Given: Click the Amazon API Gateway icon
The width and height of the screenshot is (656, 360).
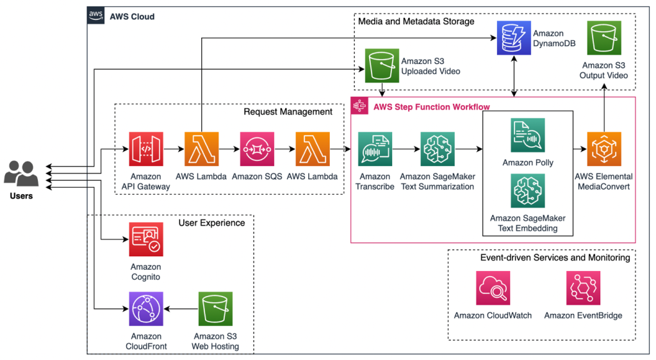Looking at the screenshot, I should tap(146, 149).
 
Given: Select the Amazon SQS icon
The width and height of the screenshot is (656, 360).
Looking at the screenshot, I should tap(257, 149).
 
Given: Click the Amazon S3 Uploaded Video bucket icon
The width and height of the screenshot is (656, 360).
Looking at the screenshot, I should tap(382, 66).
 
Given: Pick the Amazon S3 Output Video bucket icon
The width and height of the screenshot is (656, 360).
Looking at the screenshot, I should tap(604, 38).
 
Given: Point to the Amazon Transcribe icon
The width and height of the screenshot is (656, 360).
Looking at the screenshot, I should tap(375, 149).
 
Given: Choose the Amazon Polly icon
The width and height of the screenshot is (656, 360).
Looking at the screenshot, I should tap(527, 135).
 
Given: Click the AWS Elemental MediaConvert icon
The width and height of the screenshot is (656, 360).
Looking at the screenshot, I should tap(604, 149).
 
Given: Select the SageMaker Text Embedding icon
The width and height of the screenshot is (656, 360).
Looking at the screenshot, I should tap(527, 191).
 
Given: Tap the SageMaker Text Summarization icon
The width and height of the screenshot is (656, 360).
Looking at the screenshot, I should tap(438, 149).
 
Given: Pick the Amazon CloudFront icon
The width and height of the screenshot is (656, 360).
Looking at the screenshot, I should tap(146, 309).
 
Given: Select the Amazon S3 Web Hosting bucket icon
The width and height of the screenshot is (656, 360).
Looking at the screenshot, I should tap(215, 309).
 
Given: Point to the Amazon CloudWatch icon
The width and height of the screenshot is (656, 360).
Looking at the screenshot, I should tap(493, 288).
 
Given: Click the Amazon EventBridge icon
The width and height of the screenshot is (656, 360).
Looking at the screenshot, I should tap(584, 288).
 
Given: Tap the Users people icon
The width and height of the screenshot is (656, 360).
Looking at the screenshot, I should tap(21, 173).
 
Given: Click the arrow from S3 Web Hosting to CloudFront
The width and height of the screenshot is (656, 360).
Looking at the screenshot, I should tap(181, 309).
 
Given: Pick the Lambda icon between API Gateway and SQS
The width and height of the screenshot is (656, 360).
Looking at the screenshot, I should tap(202, 149).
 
